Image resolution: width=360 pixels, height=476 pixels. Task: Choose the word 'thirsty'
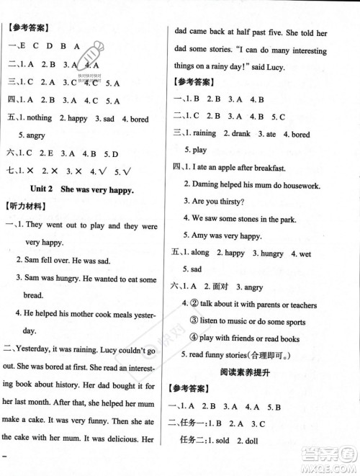[x=240, y=202]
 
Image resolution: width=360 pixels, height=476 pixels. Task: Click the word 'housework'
[x=298, y=185]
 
